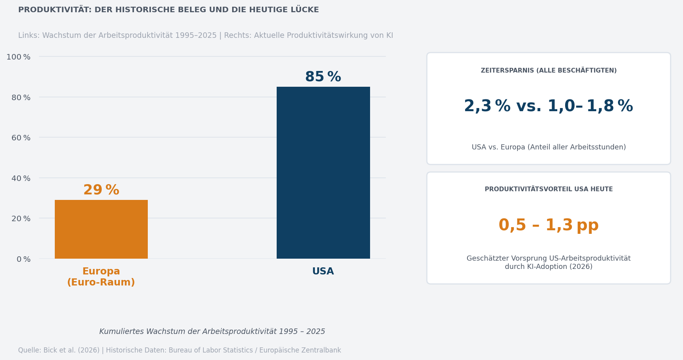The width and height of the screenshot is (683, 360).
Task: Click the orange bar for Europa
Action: [101, 229]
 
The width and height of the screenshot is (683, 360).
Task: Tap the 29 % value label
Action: [101, 190]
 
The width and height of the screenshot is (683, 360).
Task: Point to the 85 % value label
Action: [323, 77]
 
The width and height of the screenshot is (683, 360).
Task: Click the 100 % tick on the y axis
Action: [19, 57]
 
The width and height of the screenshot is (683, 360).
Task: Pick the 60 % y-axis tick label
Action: [21, 138]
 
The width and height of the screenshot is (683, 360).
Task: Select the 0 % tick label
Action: [23, 259]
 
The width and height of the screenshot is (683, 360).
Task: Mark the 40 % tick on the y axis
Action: [21, 178]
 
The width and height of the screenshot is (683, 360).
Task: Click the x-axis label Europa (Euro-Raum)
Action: [101, 277]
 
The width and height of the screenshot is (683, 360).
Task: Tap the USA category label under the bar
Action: [323, 271]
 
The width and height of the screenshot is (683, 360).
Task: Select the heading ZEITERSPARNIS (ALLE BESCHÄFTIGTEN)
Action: [549, 71]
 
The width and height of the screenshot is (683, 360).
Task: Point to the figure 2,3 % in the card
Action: [487, 106]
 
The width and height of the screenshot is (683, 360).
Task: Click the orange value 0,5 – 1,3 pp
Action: [548, 225]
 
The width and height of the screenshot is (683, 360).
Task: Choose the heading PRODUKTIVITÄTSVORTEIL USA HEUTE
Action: [549, 189]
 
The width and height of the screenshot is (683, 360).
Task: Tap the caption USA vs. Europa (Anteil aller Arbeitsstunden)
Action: [549, 147]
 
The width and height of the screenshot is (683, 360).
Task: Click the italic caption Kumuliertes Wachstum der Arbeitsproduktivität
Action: [212, 332]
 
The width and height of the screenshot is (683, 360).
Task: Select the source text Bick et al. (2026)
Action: [71, 350]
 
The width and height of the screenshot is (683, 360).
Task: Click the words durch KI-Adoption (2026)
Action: [549, 267]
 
